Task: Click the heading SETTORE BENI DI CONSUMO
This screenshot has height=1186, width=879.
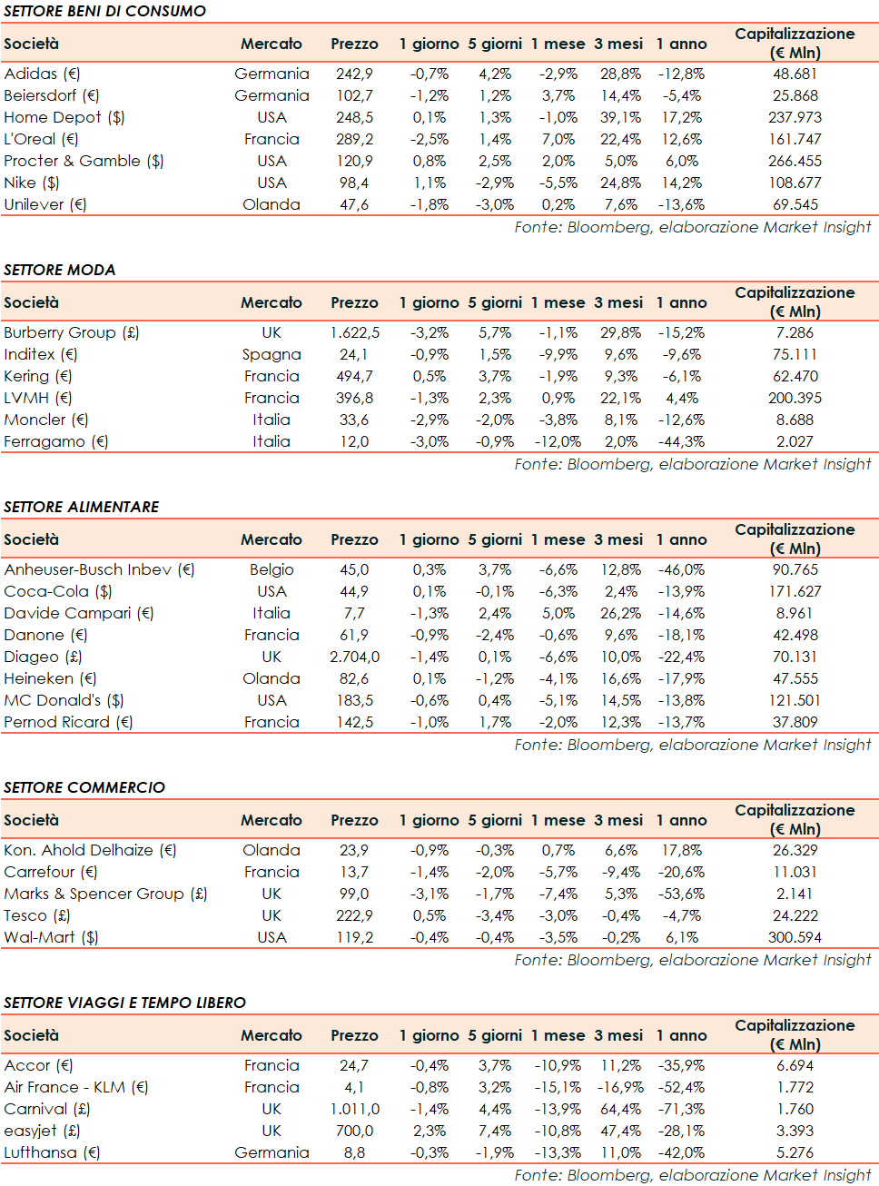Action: point(104,11)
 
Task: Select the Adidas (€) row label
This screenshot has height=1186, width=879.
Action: point(42,74)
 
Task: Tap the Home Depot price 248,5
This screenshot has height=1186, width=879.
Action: point(354,117)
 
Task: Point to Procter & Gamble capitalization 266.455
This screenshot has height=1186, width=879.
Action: point(795,161)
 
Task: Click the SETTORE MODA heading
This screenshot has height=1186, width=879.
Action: point(60,270)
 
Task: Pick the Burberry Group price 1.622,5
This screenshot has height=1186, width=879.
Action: point(354,332)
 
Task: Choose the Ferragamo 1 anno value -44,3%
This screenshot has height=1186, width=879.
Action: point(681,441)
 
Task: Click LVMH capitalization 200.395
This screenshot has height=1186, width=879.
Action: point(795,398)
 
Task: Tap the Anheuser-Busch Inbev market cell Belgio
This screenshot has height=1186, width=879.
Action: point(272,569)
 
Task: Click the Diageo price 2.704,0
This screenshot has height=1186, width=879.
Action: point(354,657)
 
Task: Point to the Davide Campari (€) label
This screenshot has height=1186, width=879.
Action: point(79,613)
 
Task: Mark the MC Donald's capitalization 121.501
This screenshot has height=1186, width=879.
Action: point(795,700)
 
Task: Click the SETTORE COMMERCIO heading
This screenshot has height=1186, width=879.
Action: point(84,787)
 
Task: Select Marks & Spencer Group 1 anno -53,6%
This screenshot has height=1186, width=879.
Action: point(681,894)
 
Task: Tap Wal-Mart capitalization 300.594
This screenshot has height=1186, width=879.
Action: point(795,937)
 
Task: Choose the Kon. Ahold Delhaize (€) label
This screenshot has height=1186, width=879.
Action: point(90,850)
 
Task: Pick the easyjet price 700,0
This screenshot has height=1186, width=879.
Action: point(354,1131)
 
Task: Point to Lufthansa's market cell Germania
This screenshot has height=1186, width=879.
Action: point(272,1152)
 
